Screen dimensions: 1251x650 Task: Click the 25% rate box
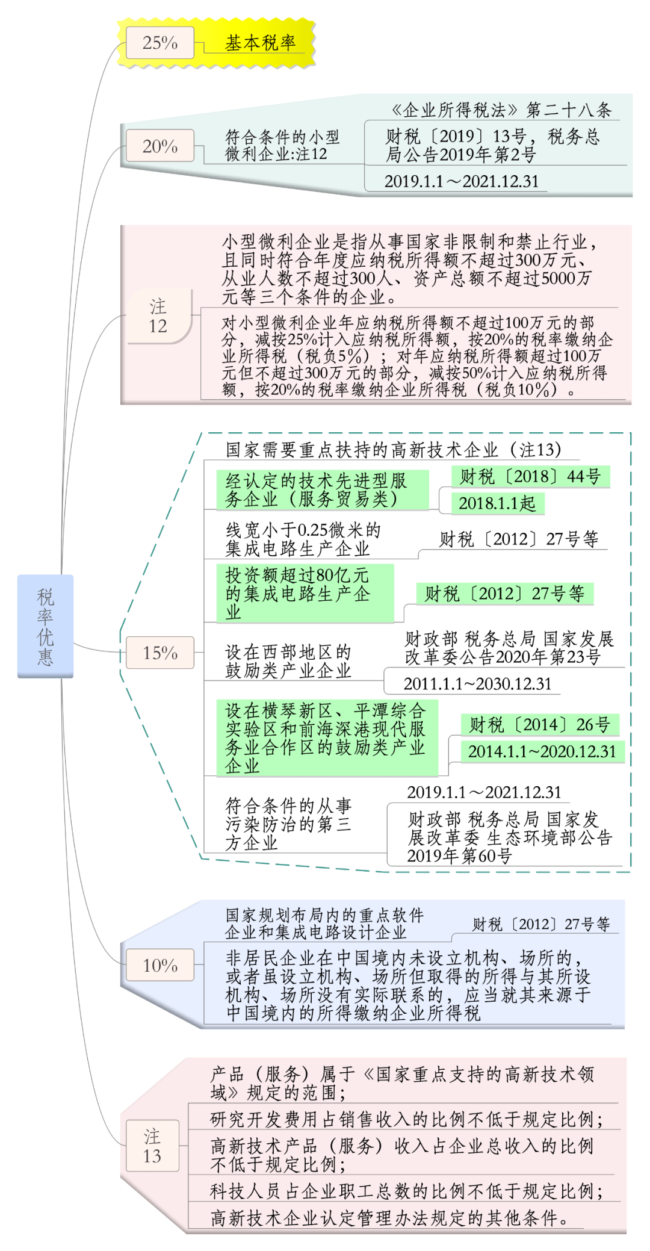point(160,43)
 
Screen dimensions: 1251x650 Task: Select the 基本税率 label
point(260,43)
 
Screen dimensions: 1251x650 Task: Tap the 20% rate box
point(160,146)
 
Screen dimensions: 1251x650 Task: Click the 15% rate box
point(160,653)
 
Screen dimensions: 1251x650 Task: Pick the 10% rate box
point(160,965)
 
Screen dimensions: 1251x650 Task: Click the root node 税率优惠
point(45,626)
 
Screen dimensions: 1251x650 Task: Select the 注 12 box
point(158,316)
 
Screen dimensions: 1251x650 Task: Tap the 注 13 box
point(152,1146)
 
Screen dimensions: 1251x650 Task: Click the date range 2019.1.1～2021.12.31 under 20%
point(461,181)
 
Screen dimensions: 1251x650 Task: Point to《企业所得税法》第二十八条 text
point(501,110)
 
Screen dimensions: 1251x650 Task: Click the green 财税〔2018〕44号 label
point(530,477)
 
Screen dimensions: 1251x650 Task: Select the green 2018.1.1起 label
point(497,503)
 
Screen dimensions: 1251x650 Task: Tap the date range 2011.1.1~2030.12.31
point(477,684)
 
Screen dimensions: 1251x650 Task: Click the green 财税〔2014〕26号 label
point(539,724)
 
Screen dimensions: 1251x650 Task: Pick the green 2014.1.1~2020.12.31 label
point(542,751)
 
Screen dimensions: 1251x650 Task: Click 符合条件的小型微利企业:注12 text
point(282,145)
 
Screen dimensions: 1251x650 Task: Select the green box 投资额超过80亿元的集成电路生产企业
point(305,594)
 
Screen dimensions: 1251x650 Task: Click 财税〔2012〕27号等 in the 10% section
point(540,924)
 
